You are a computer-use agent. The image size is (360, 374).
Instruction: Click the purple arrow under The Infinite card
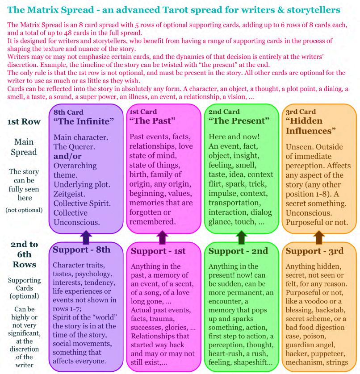[x=86, y=237]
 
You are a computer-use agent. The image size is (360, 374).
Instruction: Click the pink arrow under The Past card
[x=163, y=237]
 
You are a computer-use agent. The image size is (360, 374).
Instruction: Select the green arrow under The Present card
[x=242, y=237]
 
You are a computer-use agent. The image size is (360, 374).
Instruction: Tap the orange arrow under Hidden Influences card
[x=319, y=237]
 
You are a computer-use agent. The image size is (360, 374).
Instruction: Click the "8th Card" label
[x=68, y=112]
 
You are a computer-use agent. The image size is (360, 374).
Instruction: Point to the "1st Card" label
[x=143, y=112]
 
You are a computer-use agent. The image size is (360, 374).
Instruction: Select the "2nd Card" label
[x=224, y=112]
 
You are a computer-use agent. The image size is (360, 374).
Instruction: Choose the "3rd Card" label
[x=301, y=112]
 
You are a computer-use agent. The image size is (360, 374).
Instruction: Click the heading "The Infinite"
[x=84, y=121]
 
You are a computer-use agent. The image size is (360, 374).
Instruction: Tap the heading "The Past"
[x=152, y=121]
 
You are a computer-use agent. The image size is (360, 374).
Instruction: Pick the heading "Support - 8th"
[x=81, y=250]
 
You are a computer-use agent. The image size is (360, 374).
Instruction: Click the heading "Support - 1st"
[x=158, y=251]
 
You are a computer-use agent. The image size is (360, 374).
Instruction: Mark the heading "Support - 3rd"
[x=314, y=251]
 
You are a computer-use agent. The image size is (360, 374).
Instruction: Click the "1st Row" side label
[x=24, y=121]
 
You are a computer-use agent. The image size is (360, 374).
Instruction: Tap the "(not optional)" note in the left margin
[x=24, y=210]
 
